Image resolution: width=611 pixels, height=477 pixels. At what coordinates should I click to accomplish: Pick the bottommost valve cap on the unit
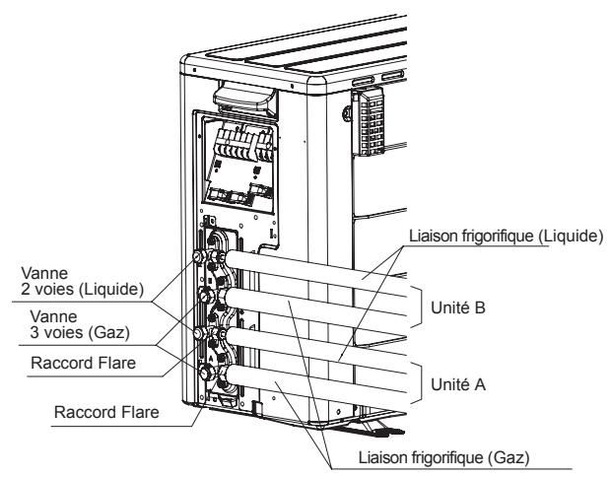(x=203, y=375)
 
